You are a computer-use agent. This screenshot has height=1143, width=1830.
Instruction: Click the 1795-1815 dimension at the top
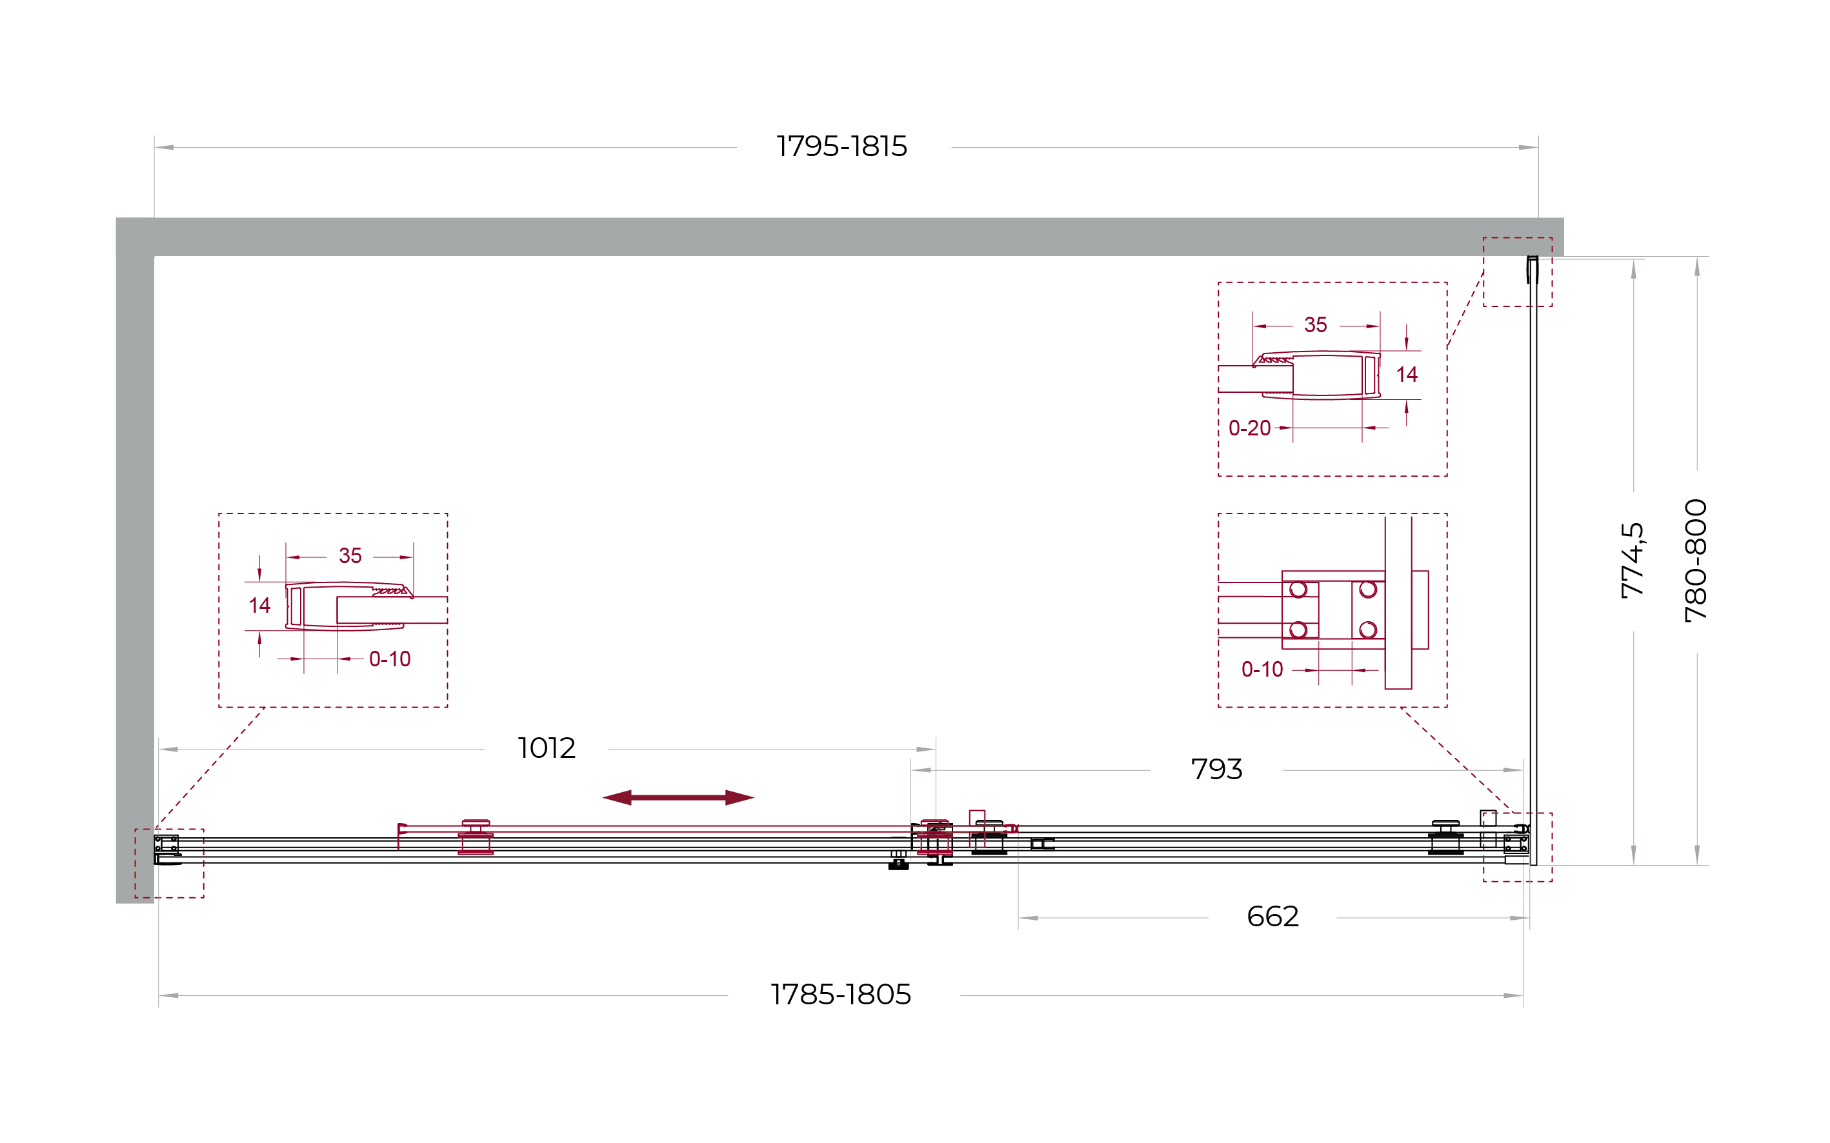(841, 146)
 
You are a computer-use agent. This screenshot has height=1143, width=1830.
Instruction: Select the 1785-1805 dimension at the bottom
(841, 995)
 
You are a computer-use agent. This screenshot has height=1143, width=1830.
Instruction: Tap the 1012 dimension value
(546, 748)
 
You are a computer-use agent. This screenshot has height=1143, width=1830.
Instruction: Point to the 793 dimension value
(1217, 770)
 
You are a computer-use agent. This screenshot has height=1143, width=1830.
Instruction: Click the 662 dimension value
(1272, 917)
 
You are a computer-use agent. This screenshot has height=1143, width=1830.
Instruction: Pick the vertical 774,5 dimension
(1633, 560)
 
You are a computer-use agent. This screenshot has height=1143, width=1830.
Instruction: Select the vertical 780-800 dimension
(1696, 560)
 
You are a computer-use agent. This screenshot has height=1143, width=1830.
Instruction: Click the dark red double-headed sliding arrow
(678, 797)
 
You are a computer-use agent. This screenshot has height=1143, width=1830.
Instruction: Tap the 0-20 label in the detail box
(1249, 428)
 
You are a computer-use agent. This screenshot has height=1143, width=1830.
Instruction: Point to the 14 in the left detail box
(259, 605)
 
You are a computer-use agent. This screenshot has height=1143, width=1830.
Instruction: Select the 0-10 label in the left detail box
(390, 659)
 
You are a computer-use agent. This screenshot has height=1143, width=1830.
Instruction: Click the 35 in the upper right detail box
(1316, 325)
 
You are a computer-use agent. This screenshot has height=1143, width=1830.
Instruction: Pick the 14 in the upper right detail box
(1407, 374)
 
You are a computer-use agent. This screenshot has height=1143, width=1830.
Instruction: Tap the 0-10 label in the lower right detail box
(1262, 669)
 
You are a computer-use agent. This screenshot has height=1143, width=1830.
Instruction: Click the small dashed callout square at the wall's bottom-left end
(170, 830)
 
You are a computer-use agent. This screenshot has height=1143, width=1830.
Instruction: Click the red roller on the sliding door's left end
(476, 837)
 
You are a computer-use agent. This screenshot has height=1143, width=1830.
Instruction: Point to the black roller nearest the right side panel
(1446, 838)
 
